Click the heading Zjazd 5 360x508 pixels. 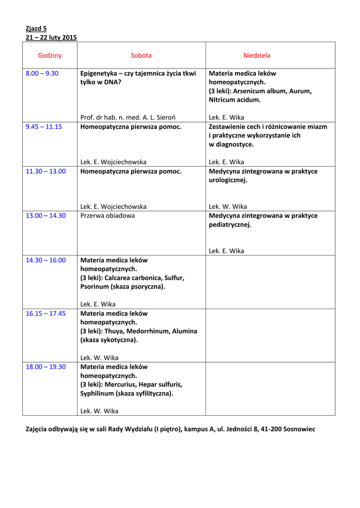click(36, 29)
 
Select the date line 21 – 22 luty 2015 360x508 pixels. click(51, 38)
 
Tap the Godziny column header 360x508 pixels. click(50, 56)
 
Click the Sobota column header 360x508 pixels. click(141, 56)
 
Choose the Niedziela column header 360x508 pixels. click(257, 56)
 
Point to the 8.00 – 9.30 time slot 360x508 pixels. click(42, 73)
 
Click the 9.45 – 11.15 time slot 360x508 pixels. click(44, 127)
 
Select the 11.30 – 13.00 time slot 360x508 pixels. click(46, 171)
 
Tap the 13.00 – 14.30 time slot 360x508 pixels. click(46, 216)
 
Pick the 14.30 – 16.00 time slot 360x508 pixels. click(46, 260)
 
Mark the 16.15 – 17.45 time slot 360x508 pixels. click(46, 314)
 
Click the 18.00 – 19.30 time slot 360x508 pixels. click(46, 367)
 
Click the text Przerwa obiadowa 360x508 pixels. click(107, 216)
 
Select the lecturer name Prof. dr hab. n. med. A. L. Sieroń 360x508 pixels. click(128, 118)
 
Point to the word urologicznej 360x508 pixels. click(228, 180)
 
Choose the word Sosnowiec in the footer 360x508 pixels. click(299, 429)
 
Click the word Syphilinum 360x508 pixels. click(97, 393)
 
